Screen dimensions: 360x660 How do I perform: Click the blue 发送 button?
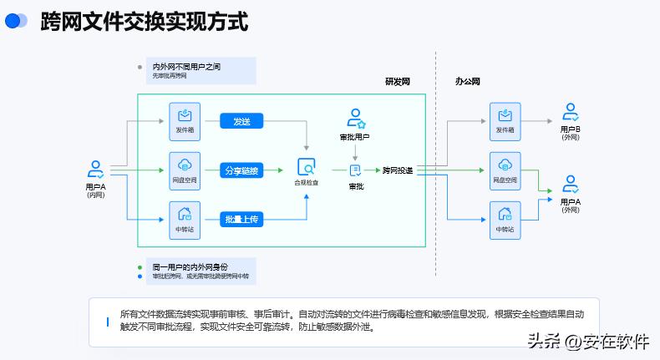point(242,122)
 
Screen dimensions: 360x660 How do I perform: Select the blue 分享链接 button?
point(242,170)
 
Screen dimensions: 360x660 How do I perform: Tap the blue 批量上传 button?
point(242,219)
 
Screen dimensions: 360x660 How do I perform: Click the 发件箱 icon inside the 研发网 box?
point(185,114)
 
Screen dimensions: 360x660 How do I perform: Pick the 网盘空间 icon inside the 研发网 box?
point(185,164)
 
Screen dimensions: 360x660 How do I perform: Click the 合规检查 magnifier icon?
point(307,166)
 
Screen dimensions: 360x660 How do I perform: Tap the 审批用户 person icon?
point(355,118)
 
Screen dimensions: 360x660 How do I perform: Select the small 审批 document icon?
point(355,170)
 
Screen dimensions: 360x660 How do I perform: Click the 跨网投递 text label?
point(397,170)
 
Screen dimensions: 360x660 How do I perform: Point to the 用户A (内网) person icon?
point(96,170)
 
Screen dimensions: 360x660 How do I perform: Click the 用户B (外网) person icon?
point(571,112)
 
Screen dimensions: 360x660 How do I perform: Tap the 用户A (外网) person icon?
point(571,184)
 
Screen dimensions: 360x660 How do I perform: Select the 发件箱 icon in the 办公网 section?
point(505,115)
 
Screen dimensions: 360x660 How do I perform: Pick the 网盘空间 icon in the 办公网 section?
point(505,164)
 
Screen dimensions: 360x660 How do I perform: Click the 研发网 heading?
point(398,82)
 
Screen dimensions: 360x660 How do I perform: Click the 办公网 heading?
point(468,82)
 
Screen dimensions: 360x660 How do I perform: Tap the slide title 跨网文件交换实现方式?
point(144,22)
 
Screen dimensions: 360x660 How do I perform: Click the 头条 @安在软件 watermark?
point(587,341)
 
